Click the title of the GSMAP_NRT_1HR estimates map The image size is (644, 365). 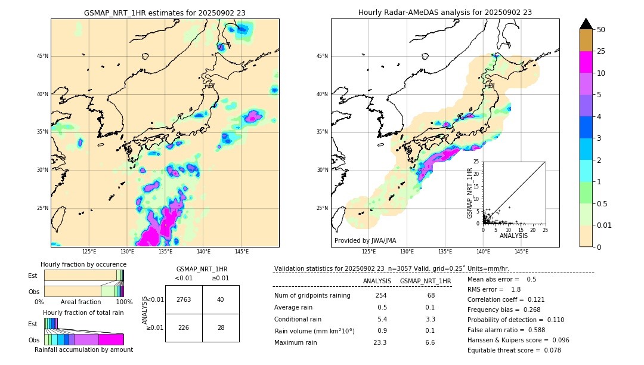165,13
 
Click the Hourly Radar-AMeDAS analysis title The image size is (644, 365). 445,13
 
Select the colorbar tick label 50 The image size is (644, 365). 601,29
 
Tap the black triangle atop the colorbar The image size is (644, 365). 586,24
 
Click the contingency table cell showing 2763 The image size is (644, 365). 184,299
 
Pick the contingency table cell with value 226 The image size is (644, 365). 184,327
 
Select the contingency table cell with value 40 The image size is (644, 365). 221,299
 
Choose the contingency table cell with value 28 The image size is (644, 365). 221,327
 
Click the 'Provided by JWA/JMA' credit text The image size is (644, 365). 365,240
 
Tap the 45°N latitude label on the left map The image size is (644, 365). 42,56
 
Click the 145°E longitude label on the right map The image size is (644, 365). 521,252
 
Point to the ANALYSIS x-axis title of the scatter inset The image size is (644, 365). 513,236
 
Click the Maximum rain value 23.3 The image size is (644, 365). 380,342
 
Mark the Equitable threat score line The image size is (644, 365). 514,350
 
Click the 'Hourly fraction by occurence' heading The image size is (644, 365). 83,264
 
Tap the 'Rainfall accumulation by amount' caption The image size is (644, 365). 83,349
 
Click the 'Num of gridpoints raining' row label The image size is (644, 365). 312,296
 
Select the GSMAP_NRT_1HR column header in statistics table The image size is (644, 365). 425,281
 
